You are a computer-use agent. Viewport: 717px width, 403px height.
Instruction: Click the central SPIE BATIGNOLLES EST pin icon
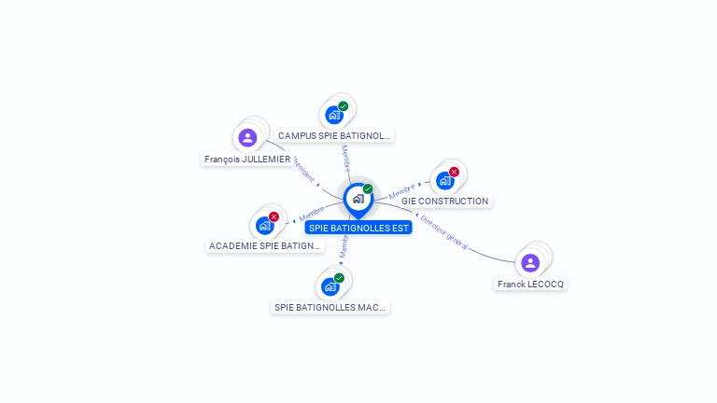pyautogui.click(x=358, y=198)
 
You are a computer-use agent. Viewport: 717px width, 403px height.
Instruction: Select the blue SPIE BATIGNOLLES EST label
pyautogui.click(x=358, y=228)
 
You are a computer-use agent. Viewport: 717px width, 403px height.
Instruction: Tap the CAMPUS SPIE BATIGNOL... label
pyautogui.click(x=333, y=136)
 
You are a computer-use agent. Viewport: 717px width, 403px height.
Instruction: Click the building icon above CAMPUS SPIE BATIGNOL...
pyautogui.click(x=333, y=116)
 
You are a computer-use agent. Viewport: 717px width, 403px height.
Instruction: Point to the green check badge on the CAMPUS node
pyautogui.click(x=344, y=106)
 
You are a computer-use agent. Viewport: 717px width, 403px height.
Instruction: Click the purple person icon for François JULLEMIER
pyautogui.click(x=247, y=138)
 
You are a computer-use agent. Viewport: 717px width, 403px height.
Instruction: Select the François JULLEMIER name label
pyautogui.click(x=247, y=160)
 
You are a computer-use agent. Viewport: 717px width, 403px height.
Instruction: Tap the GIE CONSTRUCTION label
pyautogui.click(x=444, y=201)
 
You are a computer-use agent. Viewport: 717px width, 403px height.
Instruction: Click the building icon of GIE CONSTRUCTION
pyautogui.click(x=444, y=180)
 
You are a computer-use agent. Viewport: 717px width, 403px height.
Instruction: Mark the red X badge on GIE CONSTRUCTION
pyautogui.click(x=455, y=172)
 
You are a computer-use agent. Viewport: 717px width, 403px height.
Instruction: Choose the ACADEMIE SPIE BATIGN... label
pyautogui.click(x=264, y=246)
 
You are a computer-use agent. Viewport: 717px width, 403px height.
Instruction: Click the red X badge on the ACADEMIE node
pyautogui.click(x=274, y=216)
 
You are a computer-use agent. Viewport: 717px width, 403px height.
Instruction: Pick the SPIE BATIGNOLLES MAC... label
pyautogui.click(x=330, y=307)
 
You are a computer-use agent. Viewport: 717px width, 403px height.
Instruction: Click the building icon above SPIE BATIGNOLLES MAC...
pyautogui.click(x=330, y=286)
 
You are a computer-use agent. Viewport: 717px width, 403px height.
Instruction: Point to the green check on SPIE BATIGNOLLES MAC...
pyautogui.click(x=340, y=278)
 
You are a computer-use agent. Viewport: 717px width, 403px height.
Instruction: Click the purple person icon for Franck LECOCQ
pyautogui.click(x=530, y=263)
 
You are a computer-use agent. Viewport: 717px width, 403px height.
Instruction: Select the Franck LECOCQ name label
pyautogui.click(x=530, y=284)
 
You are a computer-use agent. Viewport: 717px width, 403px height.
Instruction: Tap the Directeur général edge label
pyautogui.click(x=443, y=231)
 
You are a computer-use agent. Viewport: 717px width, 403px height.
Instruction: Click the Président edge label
pyautogui.click(x=304, y=169)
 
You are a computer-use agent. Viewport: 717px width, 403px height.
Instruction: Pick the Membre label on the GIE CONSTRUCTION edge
pyautogui.click(x=402, y=191)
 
